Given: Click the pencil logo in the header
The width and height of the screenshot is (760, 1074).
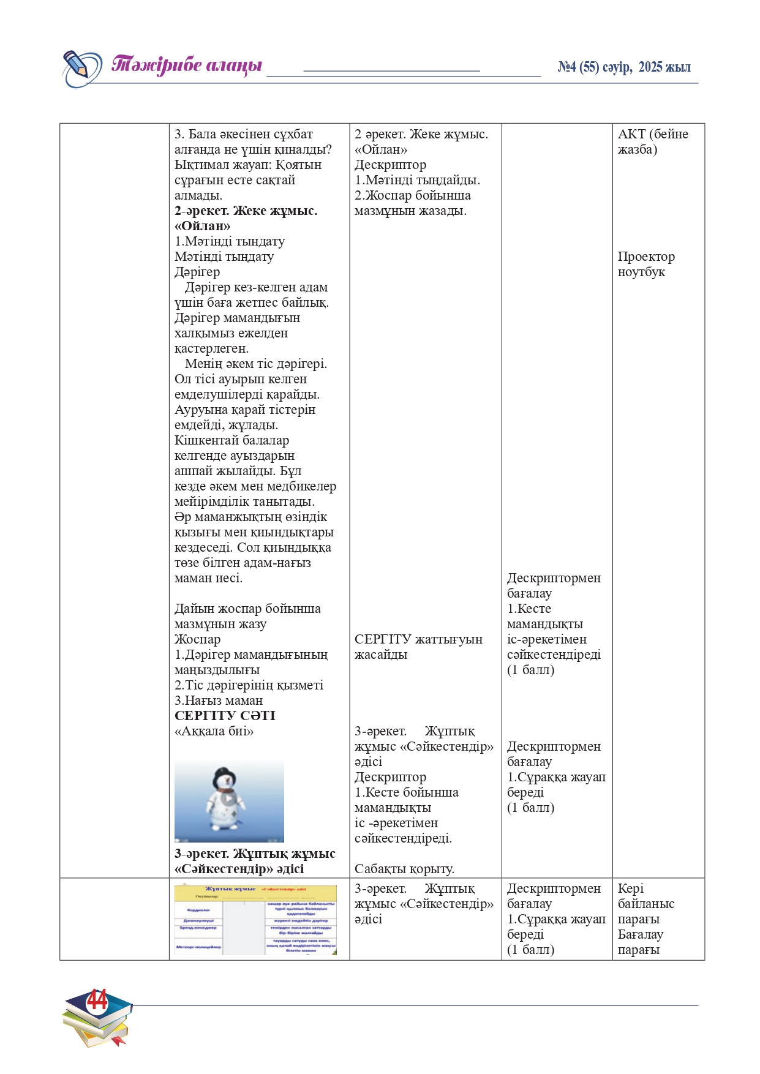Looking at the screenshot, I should point(82,67).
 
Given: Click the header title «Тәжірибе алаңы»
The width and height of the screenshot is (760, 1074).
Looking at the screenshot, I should point(187,64).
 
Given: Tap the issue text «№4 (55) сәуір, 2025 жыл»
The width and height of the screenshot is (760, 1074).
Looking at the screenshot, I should point(624,67).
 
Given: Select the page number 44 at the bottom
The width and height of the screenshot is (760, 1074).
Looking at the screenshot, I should point(97,1001).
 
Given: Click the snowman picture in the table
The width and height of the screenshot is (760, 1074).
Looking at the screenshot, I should point(229,801).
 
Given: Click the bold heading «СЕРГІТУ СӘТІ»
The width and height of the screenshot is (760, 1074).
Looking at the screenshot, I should point(225,716).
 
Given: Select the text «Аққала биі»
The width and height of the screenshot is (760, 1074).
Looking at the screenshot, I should point(214,731).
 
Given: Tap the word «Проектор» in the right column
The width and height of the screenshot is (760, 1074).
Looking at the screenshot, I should point(646,257).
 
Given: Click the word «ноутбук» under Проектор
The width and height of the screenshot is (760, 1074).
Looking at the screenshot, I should point(641,272).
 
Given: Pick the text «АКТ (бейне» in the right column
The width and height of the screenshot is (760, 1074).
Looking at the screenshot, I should point(653,134).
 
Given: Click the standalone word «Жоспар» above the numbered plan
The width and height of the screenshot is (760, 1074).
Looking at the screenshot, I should point(197,639).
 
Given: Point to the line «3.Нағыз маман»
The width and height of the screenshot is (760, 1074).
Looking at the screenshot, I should point(219,700).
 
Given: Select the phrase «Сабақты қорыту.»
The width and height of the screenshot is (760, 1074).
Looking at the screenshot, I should point(404,869).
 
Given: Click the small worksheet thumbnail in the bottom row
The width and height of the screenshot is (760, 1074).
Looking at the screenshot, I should point(255,920).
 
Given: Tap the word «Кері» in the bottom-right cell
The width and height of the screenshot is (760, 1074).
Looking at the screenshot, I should point(630,888).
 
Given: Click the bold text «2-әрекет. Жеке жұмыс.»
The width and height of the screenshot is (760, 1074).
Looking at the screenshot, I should point(246,211).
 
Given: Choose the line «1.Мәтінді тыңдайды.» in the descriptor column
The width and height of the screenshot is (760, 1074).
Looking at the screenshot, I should point(417,180).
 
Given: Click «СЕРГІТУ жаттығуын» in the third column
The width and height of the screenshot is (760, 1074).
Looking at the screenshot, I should point(418,639).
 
